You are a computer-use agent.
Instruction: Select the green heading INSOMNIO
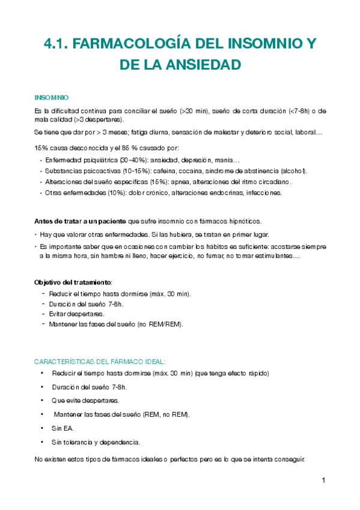52,97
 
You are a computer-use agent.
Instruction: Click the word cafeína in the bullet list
172,171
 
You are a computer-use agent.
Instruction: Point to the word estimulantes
270,256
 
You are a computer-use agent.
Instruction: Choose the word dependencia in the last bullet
121,442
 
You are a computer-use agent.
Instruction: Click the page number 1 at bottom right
323,481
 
